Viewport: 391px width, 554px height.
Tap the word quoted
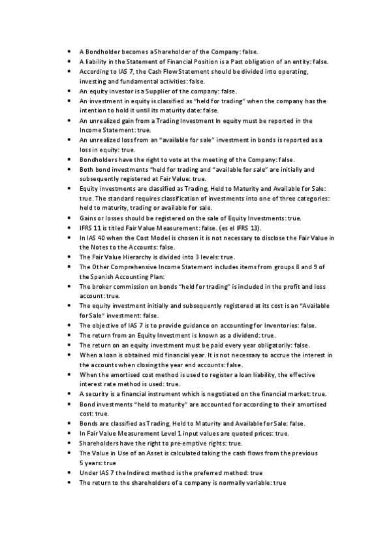pos(247,433)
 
